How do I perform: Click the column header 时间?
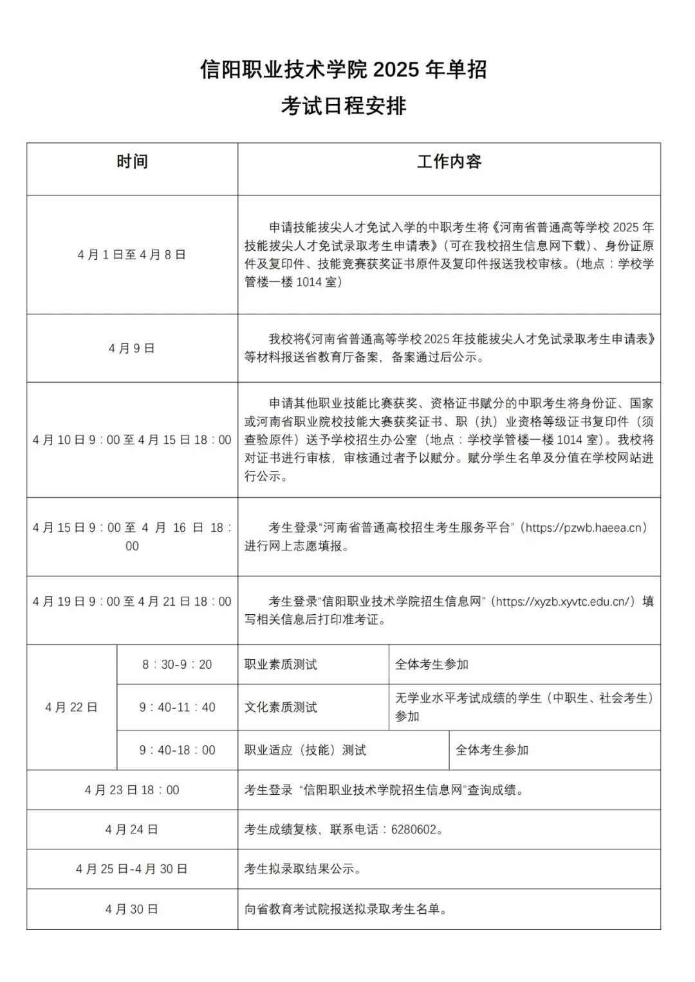click(132, 161)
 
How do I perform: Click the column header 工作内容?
click(449, 161)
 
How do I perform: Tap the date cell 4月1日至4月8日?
click(132, 255)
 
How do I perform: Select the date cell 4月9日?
click(132, 349)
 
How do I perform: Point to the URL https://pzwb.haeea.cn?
click(584, 528)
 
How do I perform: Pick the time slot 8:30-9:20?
click(177, 664)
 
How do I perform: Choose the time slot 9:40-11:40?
click(177, 707)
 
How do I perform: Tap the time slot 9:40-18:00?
click(177, 750)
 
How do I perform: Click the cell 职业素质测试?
click(281, 664)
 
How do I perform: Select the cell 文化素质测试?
click(281, 707)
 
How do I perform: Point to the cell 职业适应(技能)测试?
click(305, 750)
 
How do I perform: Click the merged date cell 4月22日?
click(71, 707)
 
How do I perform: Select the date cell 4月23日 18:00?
click(132, 790)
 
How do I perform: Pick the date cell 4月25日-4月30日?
click(132, 869)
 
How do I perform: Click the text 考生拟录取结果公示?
click(302, 869)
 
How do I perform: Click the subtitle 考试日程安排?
click(343, 106)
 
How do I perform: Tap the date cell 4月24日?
click(132, 830)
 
